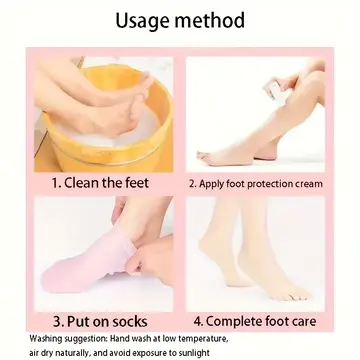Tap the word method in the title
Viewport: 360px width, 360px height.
[x=210, y=20]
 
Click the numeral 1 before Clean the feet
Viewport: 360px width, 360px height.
[x=55, y=183]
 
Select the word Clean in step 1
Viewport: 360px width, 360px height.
[x=81, y=183]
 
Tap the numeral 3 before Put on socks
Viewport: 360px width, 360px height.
[x=57, y=322]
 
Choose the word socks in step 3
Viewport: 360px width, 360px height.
[x=130, y=322]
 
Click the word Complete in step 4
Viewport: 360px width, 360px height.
[x=234, y=322]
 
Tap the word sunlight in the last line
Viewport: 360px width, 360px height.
[x=196, y=353]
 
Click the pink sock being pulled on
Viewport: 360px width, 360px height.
[x=88, y=263]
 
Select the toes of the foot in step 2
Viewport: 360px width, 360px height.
[x=206, y=157]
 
